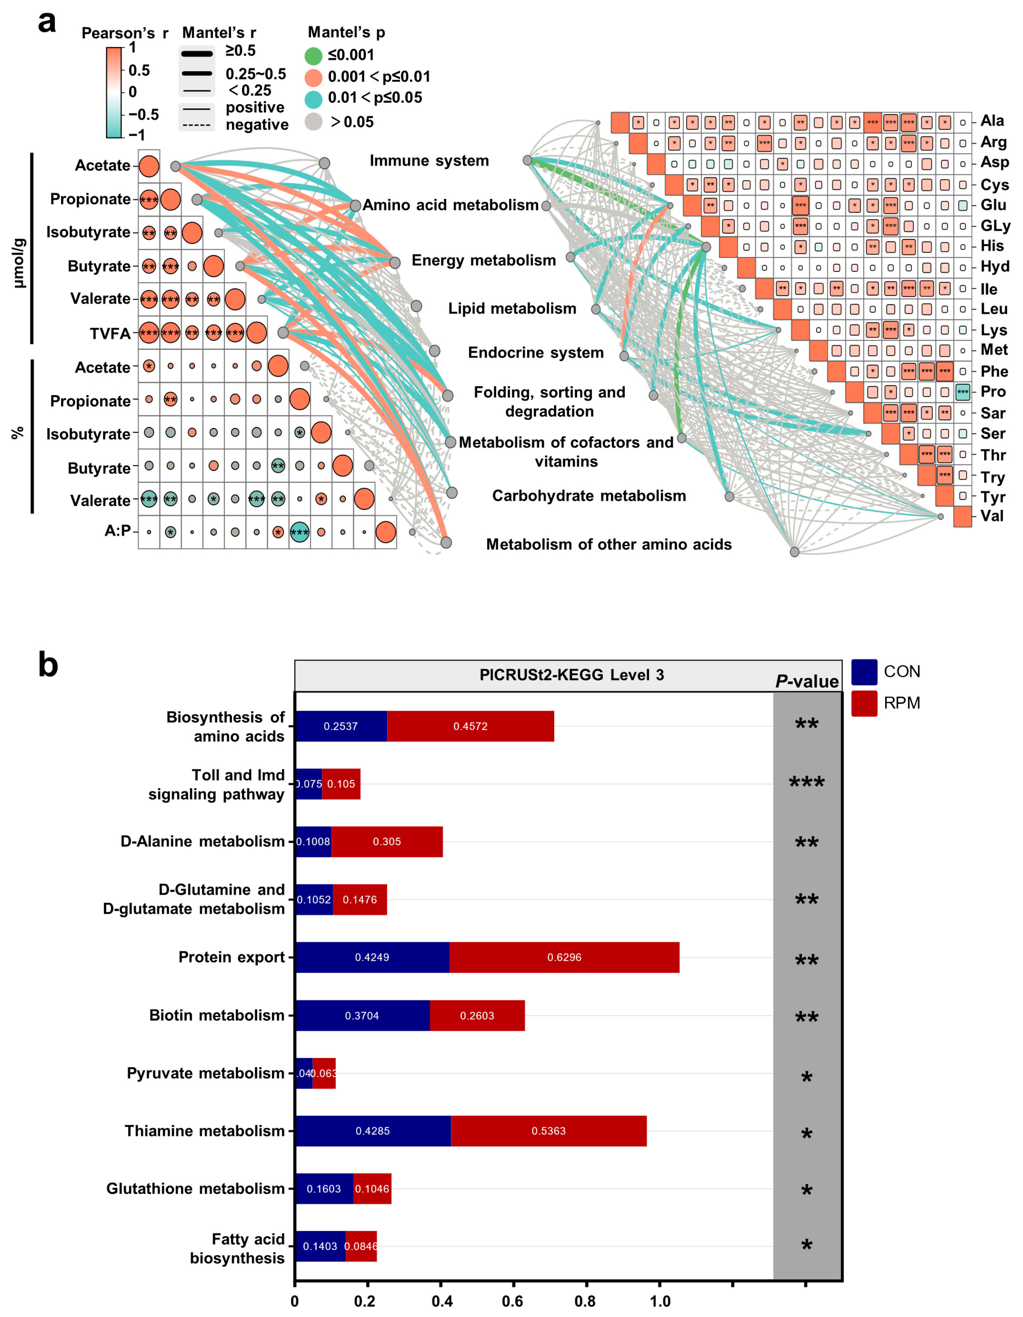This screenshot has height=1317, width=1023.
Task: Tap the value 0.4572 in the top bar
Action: click(471, 726)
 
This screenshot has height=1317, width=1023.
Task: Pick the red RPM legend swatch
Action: click(864, 703)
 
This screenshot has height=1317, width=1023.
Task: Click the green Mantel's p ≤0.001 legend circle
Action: click(314, 56)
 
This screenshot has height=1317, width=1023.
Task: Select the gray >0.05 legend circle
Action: click(314, 122)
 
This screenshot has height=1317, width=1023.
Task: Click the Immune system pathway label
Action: click(429, 161)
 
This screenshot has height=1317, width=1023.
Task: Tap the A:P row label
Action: click(118, 531)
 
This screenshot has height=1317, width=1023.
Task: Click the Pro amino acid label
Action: click(993, 392)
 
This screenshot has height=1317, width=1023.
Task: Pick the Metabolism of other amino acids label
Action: click(609, 545)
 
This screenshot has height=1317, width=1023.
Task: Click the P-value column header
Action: click(806, 681)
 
